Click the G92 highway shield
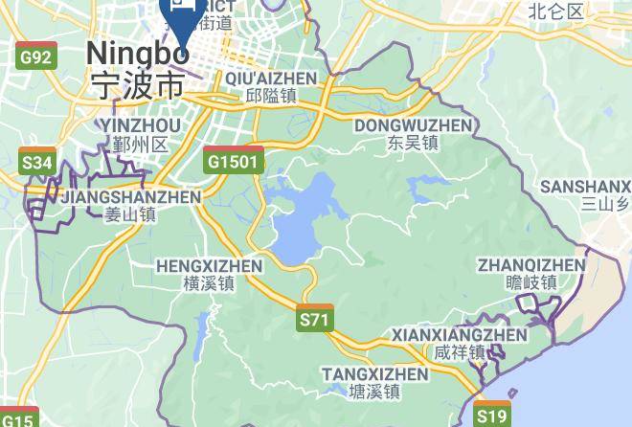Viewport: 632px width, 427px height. tap(35, 57)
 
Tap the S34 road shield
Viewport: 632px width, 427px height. tap(36, 163)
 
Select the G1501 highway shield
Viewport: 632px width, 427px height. tap(233, 161)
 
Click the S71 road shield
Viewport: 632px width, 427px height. tap(315, 319)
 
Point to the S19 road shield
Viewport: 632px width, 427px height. tap(492, 416)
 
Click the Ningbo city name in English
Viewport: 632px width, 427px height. tap(138, 54)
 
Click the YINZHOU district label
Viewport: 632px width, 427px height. tap(139, 126)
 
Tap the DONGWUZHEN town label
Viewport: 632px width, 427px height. tap(413, 125)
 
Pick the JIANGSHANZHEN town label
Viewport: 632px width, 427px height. tap(130, 197)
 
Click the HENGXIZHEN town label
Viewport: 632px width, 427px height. tap(209, 265)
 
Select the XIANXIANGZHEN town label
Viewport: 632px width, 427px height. tap(460, 335)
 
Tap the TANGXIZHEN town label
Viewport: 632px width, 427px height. tap(374, 373)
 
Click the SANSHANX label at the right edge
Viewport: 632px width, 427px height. tap(585, 186)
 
